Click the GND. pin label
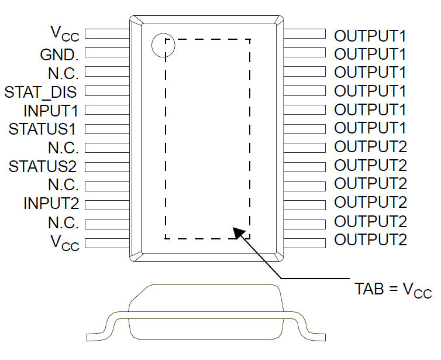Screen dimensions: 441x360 [59, 55]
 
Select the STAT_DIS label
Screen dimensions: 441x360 [40, 92]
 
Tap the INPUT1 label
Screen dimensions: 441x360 [51, 110]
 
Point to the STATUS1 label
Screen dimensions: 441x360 [42, 129]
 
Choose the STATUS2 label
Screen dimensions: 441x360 [43, 166]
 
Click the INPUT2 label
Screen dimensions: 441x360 [51, 203]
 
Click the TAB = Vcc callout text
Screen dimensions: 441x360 [393, 290]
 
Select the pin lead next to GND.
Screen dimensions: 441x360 [107, 53]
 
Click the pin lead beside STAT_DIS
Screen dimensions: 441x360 [107, 91]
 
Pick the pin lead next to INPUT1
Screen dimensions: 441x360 [107, 110]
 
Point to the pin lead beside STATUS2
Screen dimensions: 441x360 [107, 167]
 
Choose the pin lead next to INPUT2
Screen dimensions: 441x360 [107, 205]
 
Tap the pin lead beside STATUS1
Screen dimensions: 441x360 [107, 129]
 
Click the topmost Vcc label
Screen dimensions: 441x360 [65, 33]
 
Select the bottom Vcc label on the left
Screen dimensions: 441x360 [65, 242]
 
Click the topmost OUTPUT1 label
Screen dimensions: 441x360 [370, 36]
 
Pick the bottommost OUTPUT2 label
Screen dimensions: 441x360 [370, 240]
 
